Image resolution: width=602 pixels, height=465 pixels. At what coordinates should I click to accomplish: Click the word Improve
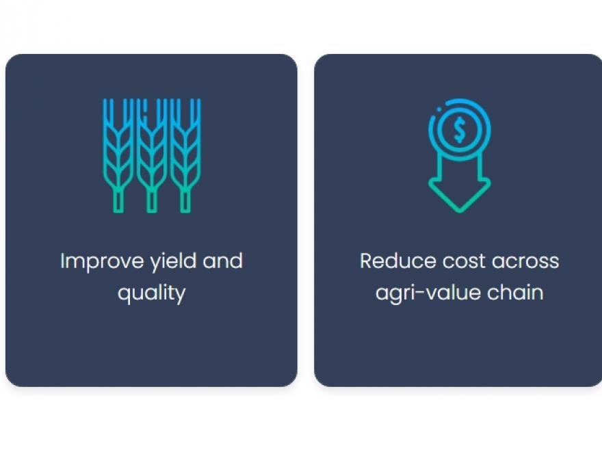(x=102, y=262)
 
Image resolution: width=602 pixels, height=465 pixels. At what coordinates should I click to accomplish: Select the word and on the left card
(x=223, y=261)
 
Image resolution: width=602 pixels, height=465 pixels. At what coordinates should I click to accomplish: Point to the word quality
(x=152, y=293)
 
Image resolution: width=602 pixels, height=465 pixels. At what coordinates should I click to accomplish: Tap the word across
(x=525, y=262)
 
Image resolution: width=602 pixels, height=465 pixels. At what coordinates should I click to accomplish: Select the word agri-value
(x=428, y=293)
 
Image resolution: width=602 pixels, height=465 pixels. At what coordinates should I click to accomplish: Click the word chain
(x=515, y=293)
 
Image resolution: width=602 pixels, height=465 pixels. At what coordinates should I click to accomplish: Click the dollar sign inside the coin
(x=460, y=130)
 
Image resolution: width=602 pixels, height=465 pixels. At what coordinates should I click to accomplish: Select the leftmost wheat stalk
(x=118, y=155)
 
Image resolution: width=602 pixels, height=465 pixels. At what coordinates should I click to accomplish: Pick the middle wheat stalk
(x=152, y=155)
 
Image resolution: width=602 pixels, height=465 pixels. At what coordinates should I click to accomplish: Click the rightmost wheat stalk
(x=185, y=155)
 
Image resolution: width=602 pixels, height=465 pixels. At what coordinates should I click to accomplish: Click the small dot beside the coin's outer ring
(x=439, y=109)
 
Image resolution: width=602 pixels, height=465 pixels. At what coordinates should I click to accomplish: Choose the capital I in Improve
(x=62, y=261)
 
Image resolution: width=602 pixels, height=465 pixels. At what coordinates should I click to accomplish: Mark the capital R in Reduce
(x=366, y=261)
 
